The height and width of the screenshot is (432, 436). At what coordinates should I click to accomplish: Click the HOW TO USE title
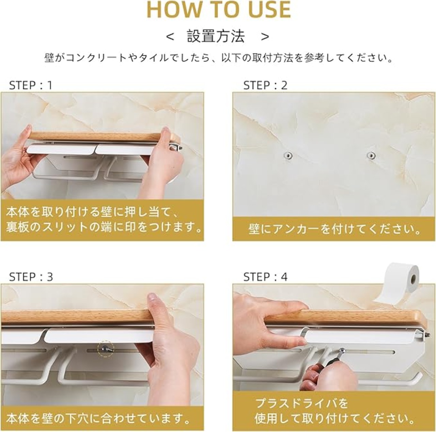click(x=219, y=10)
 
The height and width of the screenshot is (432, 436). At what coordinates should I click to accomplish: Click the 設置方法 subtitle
click(x=216, y=36)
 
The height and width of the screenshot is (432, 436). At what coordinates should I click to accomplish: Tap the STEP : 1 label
click(x=31, y=85)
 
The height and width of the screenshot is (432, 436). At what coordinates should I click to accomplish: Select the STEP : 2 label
click(x=265, y=85)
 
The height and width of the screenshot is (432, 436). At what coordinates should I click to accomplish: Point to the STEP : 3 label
click(x=31, y=277)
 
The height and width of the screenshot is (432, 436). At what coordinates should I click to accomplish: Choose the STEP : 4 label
click(x=265, y=277)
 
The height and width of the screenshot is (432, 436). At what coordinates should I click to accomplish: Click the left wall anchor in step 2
click(x=288, y=155)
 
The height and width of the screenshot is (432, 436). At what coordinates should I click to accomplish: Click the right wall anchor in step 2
click(x=371, y=155)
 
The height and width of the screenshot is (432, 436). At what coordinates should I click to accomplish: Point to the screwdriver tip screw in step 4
click(x=342, y=351)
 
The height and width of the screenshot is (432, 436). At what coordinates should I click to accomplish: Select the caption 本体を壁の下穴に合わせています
click(x=99, y=418)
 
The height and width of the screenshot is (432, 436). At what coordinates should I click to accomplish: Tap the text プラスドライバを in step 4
click(x=302, y=403)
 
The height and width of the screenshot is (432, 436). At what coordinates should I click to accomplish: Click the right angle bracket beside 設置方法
click(x=265, y=37)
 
